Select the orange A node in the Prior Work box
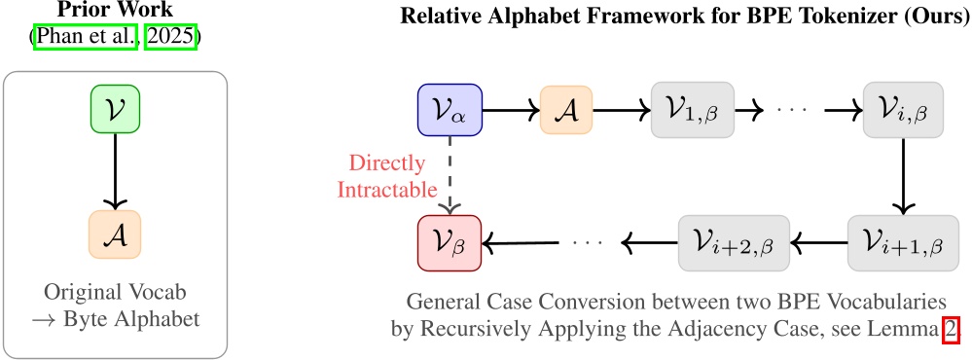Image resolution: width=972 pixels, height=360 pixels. pyautogui.click(x=116, y=234)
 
